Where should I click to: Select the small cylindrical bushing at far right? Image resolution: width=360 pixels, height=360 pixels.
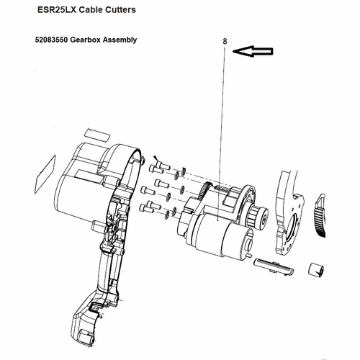coord(314,271)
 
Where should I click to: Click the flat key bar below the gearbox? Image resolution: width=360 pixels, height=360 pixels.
coord(276,266)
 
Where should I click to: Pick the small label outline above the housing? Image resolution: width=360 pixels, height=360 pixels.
coord(95,135)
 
